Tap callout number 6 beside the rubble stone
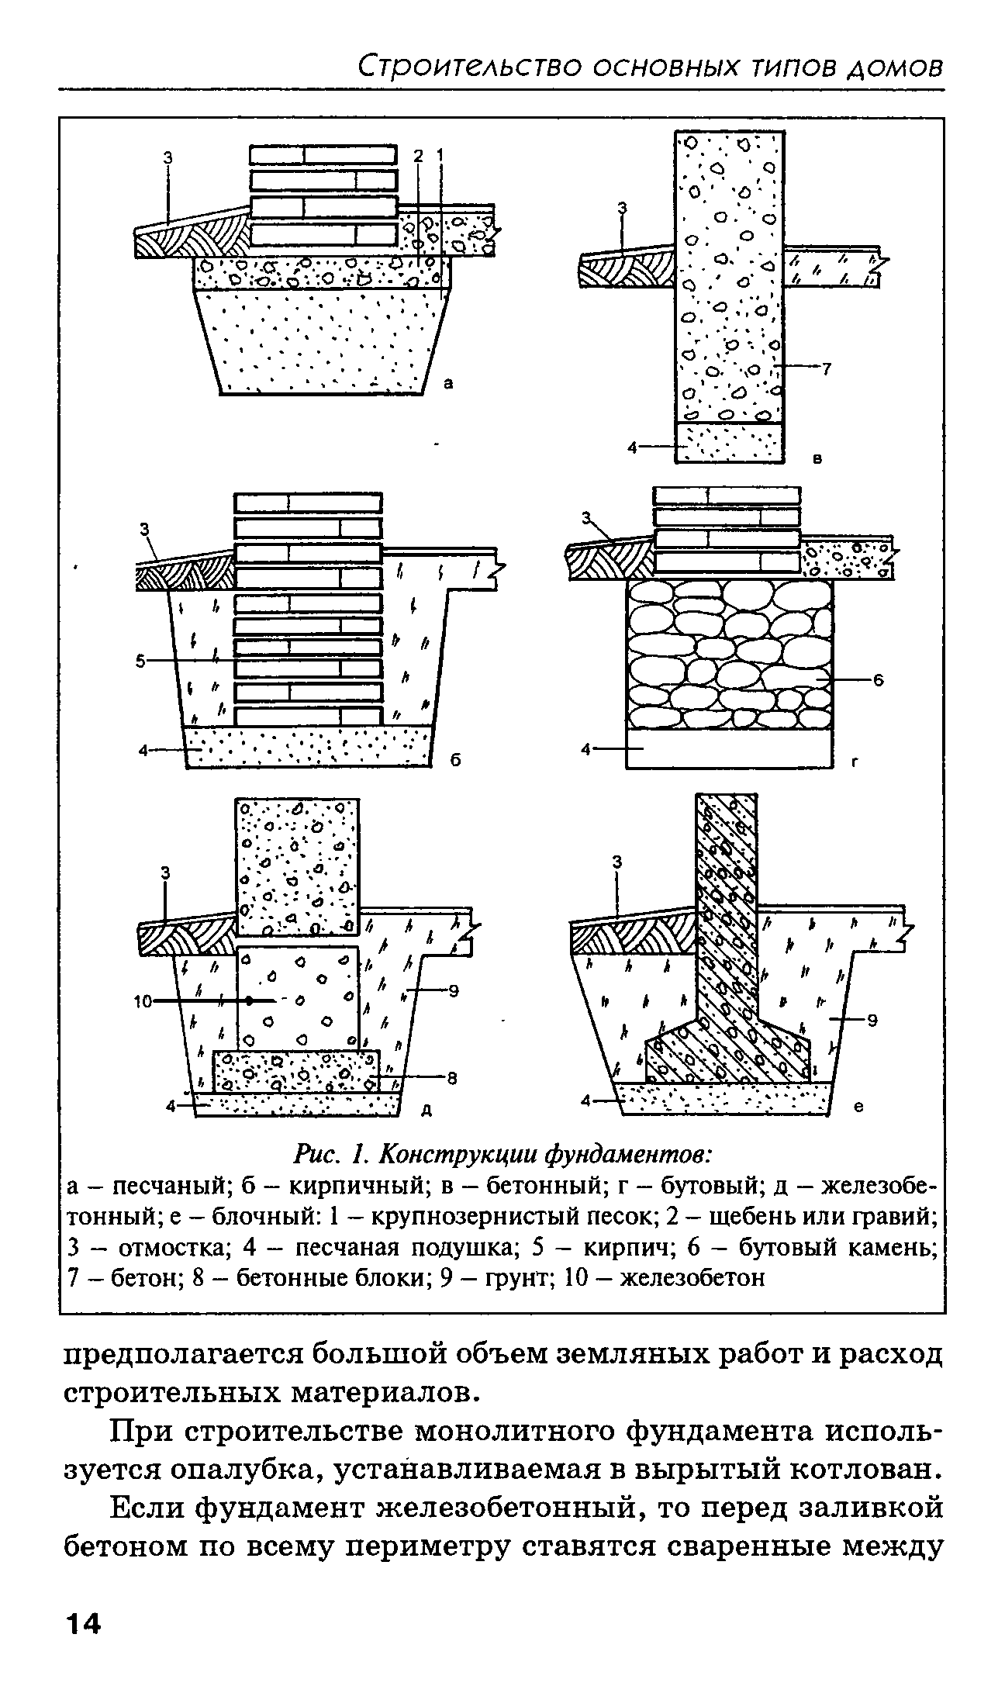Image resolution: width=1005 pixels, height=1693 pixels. click(x=879, y=680)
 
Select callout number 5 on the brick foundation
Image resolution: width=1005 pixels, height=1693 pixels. click(x=140, y=661)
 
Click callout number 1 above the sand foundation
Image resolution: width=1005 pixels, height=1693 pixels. click(x=440, y=157)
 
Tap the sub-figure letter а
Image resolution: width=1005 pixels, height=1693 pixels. click(x=447, y=382)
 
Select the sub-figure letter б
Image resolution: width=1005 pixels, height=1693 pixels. click(x=456, y=761)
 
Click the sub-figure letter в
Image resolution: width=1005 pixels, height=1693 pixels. click(x=817, y=459)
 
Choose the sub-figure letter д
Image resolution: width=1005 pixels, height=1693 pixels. click(x=426, y=1111)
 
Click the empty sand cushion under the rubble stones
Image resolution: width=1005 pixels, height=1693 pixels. click(x=729, y=748)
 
